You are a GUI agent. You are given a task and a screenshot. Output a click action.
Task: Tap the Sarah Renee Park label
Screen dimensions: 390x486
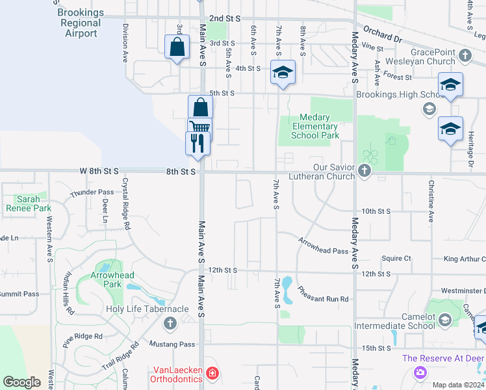click(x=28, y=204)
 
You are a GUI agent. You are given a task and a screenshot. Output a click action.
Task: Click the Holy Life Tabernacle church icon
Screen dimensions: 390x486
click(x=170, y=323)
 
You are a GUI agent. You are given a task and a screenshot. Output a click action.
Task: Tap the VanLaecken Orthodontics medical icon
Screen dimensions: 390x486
click(x=212, y=373)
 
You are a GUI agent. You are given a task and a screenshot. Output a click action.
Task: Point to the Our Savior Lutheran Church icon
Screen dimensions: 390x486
click(x=364, y=172)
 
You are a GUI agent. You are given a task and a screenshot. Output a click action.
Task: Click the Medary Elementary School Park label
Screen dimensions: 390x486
click(x=315, y=127)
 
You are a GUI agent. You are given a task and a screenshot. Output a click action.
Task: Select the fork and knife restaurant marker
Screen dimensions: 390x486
click(x=198, y=142)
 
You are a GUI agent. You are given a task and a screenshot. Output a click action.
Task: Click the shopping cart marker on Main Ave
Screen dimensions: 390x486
click(x=199, y=127)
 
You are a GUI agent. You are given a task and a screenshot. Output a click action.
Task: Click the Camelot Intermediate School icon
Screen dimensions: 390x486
click(x=445, y=319)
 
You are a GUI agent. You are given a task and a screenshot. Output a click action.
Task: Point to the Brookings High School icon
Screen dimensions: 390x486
click(x=429, y=109)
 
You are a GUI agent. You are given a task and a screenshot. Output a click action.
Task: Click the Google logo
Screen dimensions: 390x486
click(x=22, y=382)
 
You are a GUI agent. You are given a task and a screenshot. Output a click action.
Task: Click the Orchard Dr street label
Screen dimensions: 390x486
click(x=383, y=34)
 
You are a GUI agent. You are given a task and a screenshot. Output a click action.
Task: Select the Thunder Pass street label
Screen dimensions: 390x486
click(x=92, y=192)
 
